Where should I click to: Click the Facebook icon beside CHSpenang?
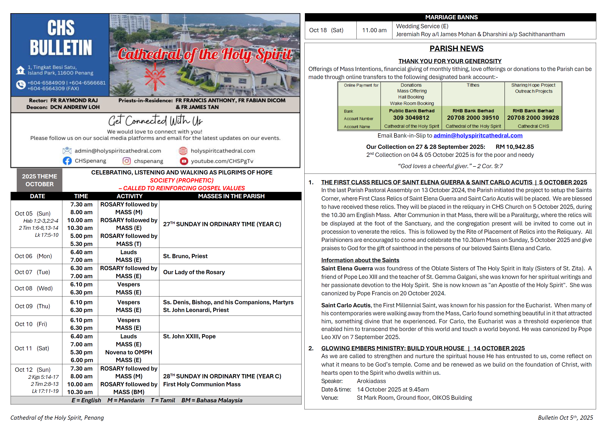point(67,161)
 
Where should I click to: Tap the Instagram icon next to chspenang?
point(126,161)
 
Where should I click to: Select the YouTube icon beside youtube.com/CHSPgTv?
point(184,161)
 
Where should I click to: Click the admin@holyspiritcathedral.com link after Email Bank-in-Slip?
point(478,136)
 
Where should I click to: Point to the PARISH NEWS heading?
point(456,49)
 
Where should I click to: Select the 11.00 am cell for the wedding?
point(374,30)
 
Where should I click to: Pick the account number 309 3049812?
point(411,118)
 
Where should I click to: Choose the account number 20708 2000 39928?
point(533,118)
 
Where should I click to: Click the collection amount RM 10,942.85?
point(515,147)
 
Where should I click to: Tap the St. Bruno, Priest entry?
point(185,256)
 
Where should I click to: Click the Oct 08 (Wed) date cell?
point(34,288)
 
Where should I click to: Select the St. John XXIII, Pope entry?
point(189,336)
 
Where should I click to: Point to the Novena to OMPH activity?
point(129,352)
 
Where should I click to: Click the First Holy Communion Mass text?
point(202,384)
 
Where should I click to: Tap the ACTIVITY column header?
point(129,196)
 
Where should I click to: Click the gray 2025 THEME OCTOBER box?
point(40,180)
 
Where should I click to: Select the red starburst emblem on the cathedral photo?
point(155,76)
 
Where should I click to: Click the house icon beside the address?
point(20,70)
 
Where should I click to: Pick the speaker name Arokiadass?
point(371,381)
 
